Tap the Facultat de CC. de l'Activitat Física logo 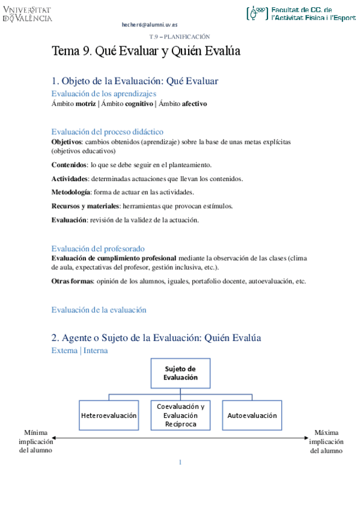301,14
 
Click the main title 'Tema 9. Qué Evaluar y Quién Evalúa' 146,52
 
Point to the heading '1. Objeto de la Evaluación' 135,81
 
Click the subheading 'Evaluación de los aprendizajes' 104,94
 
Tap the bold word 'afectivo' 194,103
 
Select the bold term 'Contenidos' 69,164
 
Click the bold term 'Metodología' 71,192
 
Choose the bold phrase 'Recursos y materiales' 85,206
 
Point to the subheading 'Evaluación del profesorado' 97,248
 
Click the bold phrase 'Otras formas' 72,281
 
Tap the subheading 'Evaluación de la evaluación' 99,310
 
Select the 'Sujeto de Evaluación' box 180,373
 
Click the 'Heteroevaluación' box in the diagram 109,416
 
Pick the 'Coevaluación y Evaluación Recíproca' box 180,416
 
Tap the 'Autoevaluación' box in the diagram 252,416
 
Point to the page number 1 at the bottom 180,462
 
